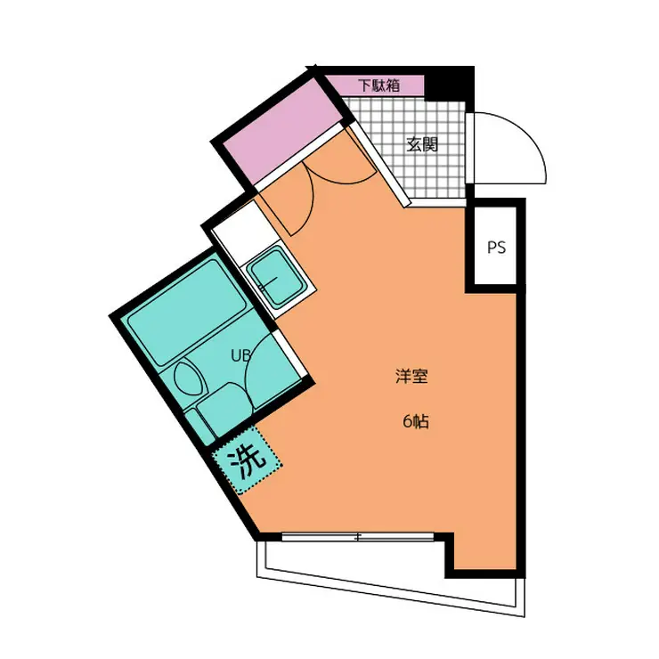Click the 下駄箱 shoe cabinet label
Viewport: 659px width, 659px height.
coord(378,86)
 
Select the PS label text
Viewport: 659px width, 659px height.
coord(496,248)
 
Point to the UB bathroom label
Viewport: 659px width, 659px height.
coord(241,354)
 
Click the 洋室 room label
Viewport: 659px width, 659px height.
coord(412,376)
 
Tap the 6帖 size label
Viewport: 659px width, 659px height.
coord(415,422)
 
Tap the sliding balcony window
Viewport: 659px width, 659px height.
coord(358,537)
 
